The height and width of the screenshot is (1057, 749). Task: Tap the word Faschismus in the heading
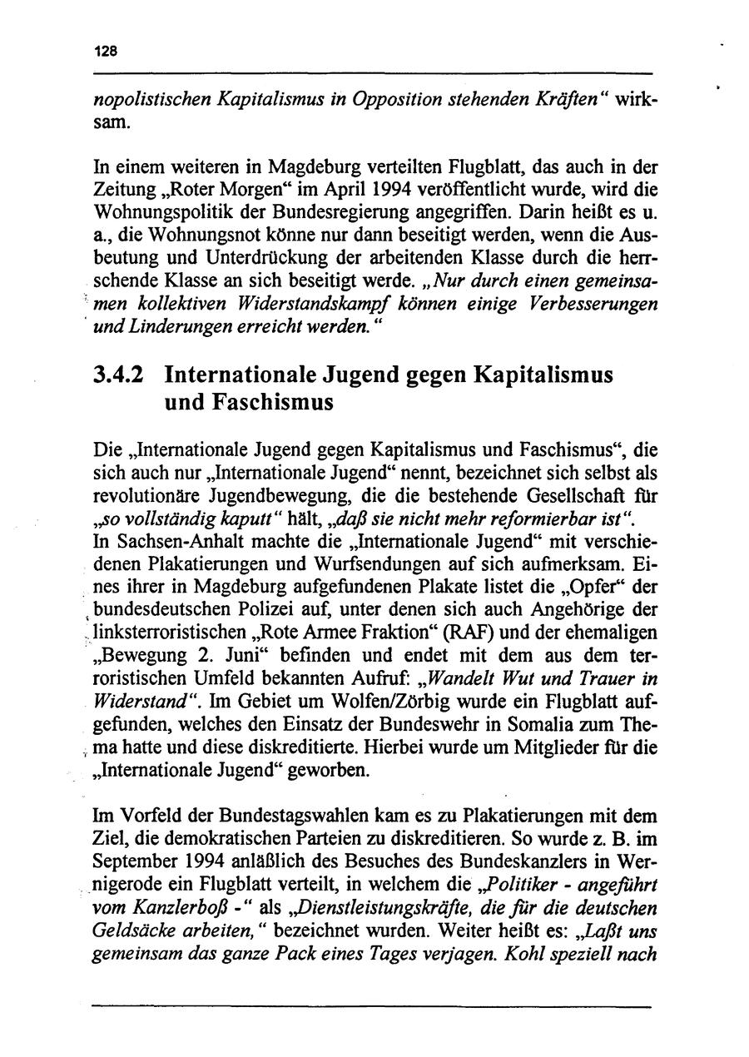point(249,403)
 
